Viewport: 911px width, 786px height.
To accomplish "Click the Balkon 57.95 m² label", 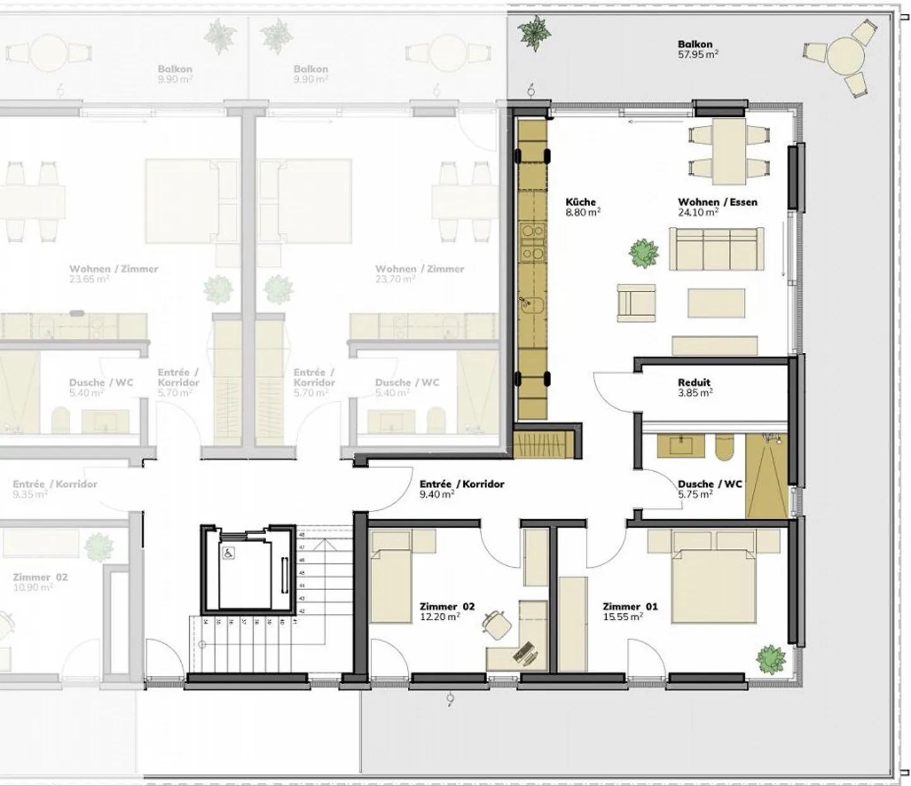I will click(x=697, y=49).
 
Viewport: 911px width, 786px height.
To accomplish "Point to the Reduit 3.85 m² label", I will click(x=695, y=387).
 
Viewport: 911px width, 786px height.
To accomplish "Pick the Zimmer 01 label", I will click(x=630, y=611).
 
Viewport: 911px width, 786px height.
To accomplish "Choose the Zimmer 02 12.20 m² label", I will click(x=447, y=611).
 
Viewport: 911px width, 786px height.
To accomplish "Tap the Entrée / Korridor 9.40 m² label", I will click(x=461, y=489).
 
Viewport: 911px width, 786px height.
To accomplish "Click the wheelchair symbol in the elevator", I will click(x=228, y=553).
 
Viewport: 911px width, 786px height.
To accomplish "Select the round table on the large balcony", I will click(x=846, y=56).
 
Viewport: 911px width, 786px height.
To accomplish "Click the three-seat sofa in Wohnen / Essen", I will click(x=716, y=250).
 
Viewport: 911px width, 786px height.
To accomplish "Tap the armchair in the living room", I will click(x=636, y=300).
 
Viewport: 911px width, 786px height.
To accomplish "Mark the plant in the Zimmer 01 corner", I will click(x=770, y=660).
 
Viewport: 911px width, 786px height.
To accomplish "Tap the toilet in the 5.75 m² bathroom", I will click(x=725, y=447).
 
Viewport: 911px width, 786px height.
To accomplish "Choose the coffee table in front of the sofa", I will click(x=716, y=303).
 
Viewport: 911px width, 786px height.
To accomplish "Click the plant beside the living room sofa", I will click(x=644, y=253).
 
